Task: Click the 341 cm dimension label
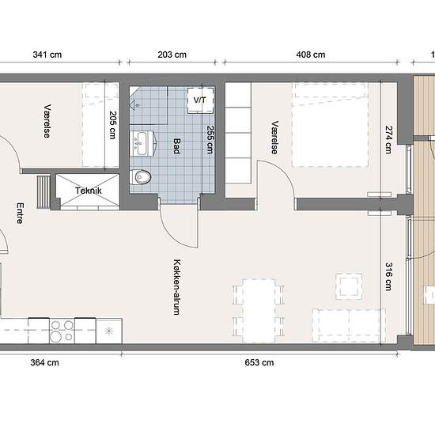point(47,55)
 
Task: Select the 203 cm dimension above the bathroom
point(172,55)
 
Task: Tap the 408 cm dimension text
point(311,55)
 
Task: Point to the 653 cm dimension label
point(259,362)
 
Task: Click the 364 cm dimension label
point(44,362)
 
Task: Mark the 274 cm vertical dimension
point(389,139)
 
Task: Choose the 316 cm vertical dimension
point(389,276)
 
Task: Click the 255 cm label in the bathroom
point(210,139)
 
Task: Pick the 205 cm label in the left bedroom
point(112,125)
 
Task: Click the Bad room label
point(176,146)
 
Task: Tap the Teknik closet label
point(89,191)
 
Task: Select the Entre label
point(21,214)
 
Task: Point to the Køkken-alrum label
point(176,287)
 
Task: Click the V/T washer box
point(200,100)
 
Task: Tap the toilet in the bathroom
point(140,176)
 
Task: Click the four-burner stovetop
point(62,331)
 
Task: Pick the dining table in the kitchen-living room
point(259,311)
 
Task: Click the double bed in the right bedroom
point(330,124)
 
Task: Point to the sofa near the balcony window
point(349,326)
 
